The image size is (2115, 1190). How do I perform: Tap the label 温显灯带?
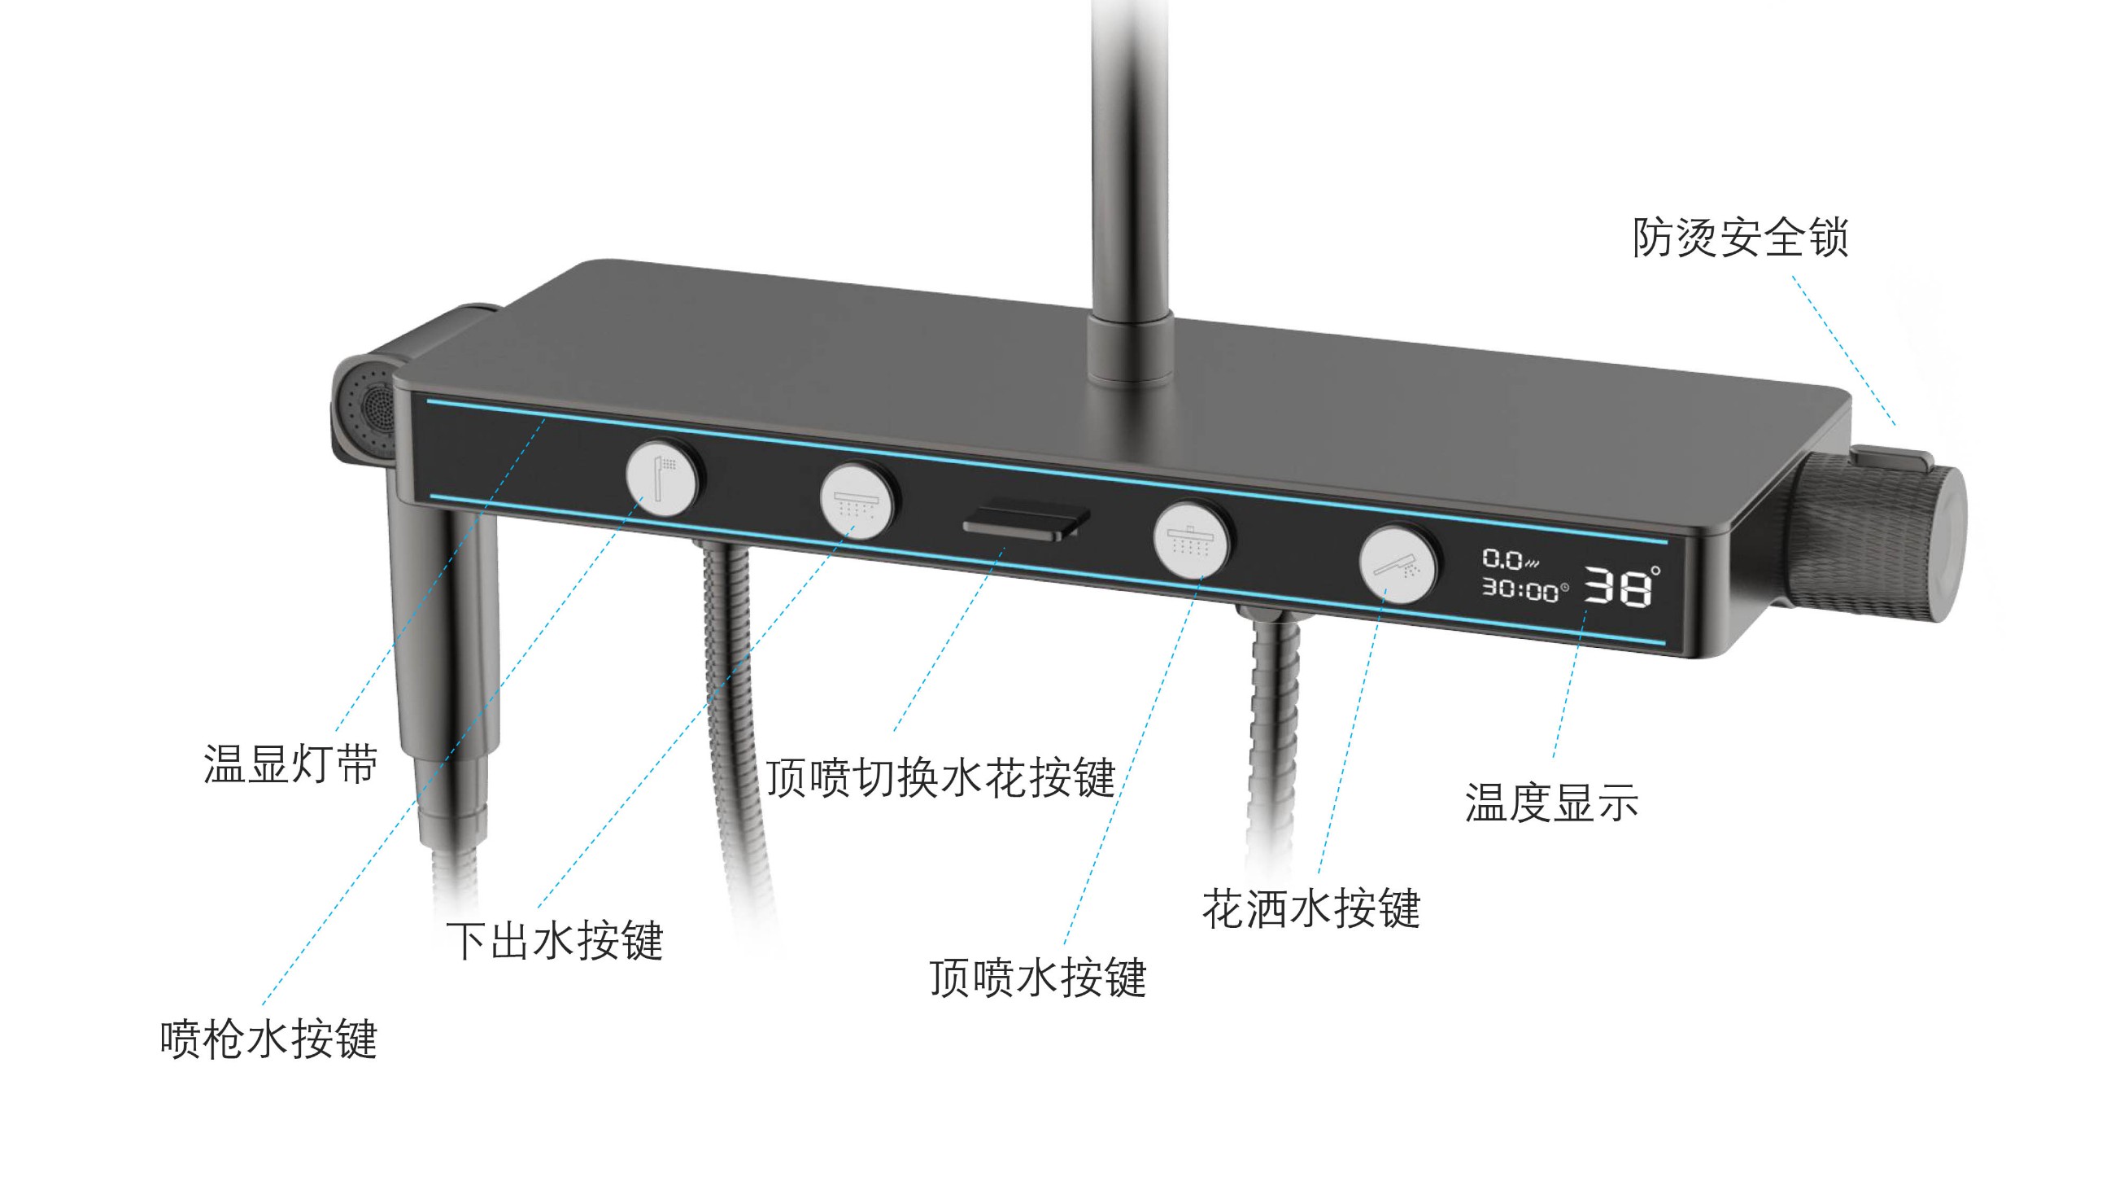290,764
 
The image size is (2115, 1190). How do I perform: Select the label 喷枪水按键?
268,1039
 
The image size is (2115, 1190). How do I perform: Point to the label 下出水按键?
554,940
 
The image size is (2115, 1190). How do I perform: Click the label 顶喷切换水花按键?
940,777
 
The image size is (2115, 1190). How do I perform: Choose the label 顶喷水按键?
1038,978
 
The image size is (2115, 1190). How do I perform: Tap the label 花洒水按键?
1311,908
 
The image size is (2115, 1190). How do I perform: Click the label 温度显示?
1552,803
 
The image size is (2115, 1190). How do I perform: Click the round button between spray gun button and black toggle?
857,500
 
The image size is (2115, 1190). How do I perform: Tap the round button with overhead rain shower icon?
1192,540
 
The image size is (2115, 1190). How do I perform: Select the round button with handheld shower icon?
1398,565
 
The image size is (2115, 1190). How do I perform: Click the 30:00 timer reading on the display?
1521,589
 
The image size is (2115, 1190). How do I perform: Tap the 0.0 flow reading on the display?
1505,559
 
